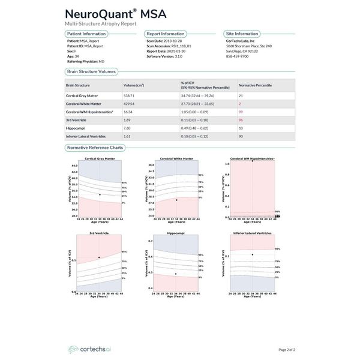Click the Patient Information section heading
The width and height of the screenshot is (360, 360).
(86, 34)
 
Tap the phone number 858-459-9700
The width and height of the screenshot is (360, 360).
(239, 56)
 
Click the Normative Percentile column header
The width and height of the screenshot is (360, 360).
(257, 85)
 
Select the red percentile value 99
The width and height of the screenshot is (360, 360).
(241, 112)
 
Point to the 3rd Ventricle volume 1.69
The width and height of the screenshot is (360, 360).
(127, 120)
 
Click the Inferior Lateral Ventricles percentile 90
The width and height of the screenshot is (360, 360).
(241, 136)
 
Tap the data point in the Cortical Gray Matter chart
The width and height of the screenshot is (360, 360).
(100, 194)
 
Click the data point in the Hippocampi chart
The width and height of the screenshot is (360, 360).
(176, 274)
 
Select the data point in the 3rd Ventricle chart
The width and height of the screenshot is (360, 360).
(98, 257)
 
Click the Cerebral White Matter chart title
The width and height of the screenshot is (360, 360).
(176, 159)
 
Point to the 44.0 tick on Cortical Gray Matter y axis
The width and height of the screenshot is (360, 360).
(74, 166)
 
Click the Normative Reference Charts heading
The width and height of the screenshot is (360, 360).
(96, 148)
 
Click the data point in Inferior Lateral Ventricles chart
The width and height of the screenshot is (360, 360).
(253, 254)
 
